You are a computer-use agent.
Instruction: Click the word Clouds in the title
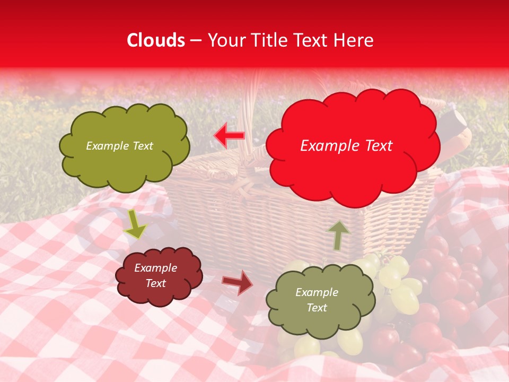tap(156, 40)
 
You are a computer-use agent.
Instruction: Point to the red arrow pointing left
tap(229, 136)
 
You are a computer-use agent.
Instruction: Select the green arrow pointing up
tap(338, 235)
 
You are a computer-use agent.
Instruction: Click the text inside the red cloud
tap(346, 146)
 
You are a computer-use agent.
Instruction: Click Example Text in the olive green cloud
tap(119, 146)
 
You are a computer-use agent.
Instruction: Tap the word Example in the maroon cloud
tap(155, 268)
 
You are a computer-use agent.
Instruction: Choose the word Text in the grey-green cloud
tap(317, 308)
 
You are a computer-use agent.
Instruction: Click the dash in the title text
tap(196, 40)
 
